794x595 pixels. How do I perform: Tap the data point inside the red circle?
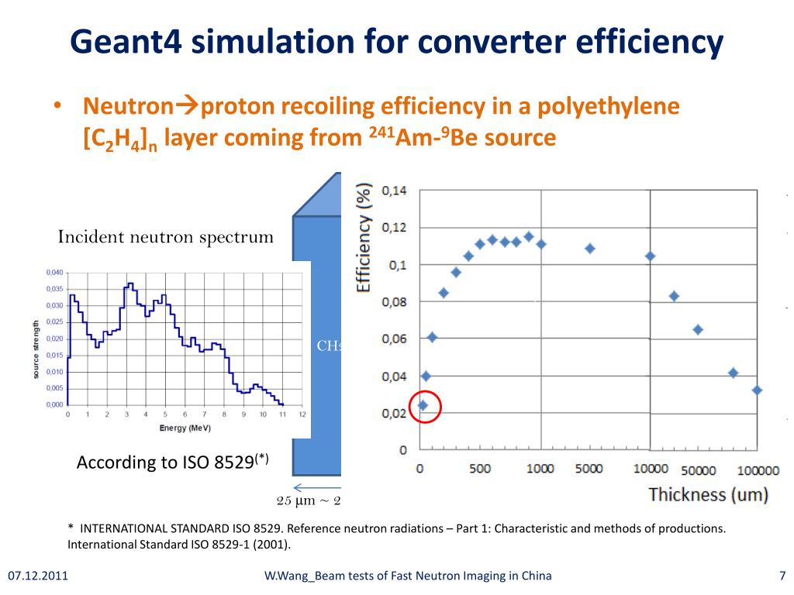tap(423, 405)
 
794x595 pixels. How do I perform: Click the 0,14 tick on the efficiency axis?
tap(394, 191)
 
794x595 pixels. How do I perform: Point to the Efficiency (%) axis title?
tap(363, 237)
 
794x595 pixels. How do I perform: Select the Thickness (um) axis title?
tap(708, 494)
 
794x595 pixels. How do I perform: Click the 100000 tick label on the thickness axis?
tap(758, 469)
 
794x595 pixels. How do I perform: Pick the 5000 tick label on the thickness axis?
tap(589, 469)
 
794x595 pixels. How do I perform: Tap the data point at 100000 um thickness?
tap(757, 390)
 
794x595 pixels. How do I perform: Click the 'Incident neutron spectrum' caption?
tap(166, 237)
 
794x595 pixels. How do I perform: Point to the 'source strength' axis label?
tap(36, 349)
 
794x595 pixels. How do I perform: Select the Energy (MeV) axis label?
tap(185, 428)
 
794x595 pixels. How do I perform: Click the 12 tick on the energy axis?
tap(302, 414)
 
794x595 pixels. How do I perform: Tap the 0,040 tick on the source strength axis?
tap(54, 273)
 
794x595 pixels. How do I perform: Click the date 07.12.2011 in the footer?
tap(38, 576)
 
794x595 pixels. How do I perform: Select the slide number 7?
tap(782, 576)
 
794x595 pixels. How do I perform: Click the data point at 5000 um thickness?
tap(590, 249)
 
